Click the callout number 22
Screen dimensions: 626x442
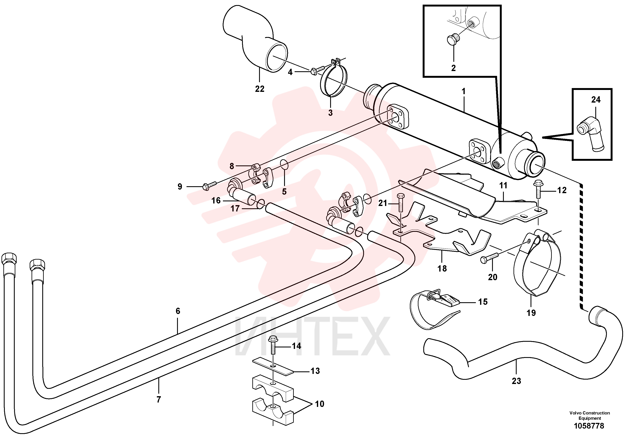(259, 89)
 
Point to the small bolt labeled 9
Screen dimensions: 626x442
(209, 185)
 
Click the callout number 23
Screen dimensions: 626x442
(516, 381)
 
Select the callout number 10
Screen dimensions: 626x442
(320, 404)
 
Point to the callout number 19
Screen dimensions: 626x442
(531, 313)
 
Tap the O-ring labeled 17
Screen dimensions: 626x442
(260, 204)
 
